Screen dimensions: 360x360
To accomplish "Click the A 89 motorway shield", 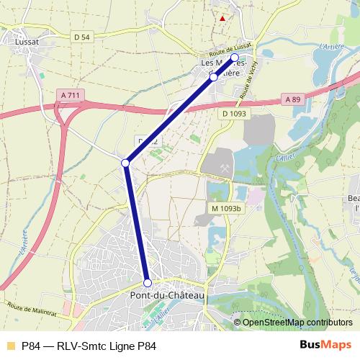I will coord(292,99).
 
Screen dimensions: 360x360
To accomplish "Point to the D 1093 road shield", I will coord(235,114).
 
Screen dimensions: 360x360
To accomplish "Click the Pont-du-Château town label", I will coord(166,295).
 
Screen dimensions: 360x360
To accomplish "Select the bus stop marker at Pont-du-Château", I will coord(148,283).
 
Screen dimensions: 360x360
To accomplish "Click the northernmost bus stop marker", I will coord(234,58).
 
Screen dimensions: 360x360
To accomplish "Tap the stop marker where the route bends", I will coord(125,163).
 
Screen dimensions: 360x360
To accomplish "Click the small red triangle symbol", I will coord(223,18).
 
